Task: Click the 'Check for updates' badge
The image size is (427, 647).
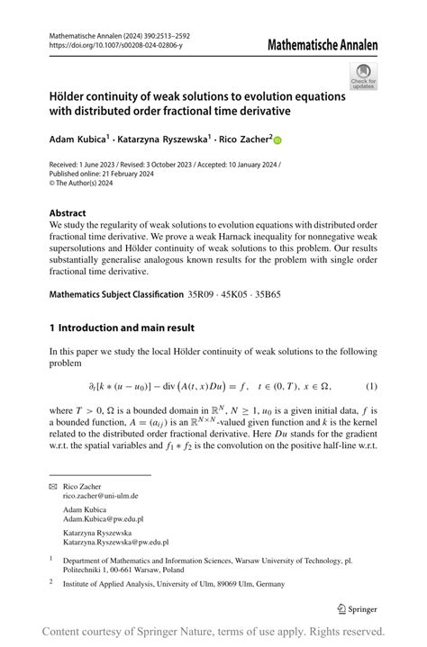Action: (x=364, y=76)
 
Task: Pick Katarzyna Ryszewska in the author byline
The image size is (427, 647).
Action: (x=168, y=139)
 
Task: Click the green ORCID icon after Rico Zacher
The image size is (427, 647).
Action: (x=277, y=140)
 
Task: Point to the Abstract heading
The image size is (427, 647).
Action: (x=68, y=213)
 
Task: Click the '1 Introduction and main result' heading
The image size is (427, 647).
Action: (x=122, y=328)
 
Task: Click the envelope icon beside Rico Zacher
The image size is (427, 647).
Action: (x=52, y=486)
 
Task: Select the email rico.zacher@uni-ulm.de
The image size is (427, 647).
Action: (x=100, y=496)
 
